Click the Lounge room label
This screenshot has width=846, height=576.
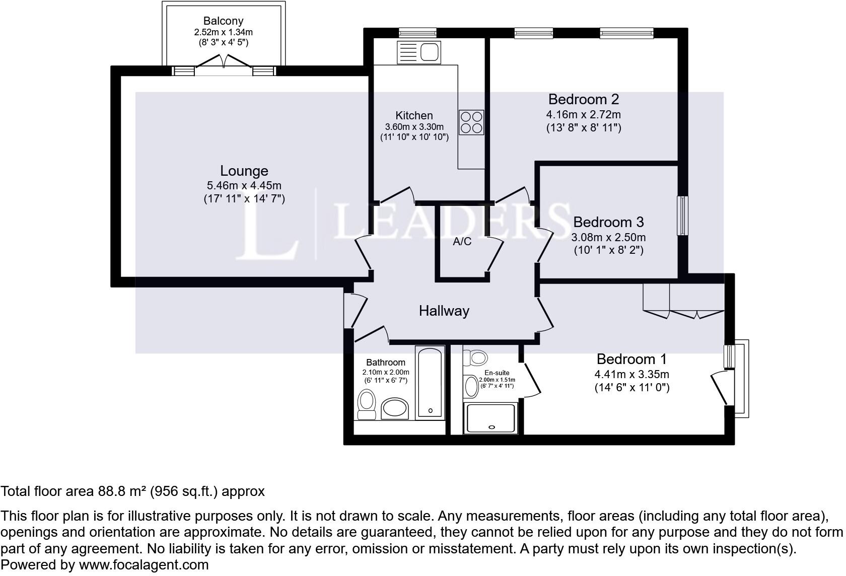click(x=244, y=171)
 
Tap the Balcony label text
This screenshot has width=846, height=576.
click(x=223, y=21)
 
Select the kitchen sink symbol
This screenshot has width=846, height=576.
click(x=419, y=52)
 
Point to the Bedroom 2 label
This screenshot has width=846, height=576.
click(x=584, y=99)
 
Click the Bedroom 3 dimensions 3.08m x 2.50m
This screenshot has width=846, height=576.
click(x=608, y=237)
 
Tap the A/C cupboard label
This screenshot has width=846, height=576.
click(x=462, y=242)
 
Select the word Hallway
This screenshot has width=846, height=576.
click(x=444, y=311)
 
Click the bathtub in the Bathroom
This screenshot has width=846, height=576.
click(x=430, y=382)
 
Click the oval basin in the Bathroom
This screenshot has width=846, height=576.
click(x=395, y=408)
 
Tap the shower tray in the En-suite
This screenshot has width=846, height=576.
click(x=491, y=418)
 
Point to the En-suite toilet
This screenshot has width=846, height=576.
click(x=475, y=358)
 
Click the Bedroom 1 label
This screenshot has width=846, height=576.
click(x=631, y=359)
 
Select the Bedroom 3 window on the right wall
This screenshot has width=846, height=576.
click(x=682, y=215)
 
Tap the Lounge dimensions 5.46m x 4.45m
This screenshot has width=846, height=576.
click(x=244, y=185)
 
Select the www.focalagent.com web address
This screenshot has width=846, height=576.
click(x=144, y=565)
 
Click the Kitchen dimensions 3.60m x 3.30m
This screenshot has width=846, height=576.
click(x=414, y=127)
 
